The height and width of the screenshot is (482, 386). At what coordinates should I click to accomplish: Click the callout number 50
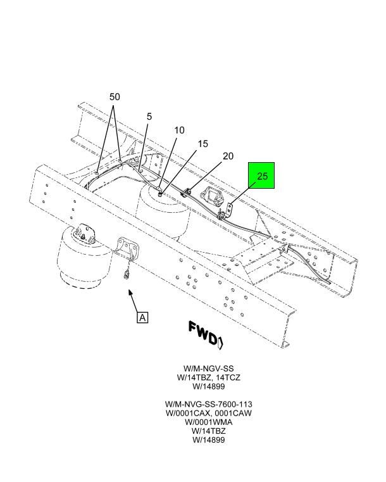coord(115,97)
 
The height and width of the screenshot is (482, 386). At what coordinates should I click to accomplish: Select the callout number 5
coord(149,117)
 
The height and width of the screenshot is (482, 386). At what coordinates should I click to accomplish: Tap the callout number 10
coord(179,130)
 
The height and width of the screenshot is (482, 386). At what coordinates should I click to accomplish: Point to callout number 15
coord(202,144)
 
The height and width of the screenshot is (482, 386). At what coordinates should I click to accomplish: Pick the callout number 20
coord(228,156)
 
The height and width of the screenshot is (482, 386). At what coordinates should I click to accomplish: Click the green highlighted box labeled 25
coord(261,175)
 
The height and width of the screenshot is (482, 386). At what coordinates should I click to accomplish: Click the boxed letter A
coord(142,317)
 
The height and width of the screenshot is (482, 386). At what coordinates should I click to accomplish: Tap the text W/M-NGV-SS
coord(209,368)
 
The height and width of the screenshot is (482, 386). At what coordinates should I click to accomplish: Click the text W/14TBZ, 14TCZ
coord(209,377)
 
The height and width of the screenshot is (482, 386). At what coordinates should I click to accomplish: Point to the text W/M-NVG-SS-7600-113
coord(209,404)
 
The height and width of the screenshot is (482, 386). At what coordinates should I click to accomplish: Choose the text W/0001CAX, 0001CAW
coord(209,413)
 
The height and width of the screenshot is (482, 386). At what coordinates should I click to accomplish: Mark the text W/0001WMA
coord(209,422)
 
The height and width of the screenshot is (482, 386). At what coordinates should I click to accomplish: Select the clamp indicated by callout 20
coord(186,193)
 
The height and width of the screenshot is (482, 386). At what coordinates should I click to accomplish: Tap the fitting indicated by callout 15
coord(160,193)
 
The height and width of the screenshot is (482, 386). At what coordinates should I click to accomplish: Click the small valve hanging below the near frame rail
coord(126,274)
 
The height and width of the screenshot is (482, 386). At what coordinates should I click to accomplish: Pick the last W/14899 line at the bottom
coord(209,440)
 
